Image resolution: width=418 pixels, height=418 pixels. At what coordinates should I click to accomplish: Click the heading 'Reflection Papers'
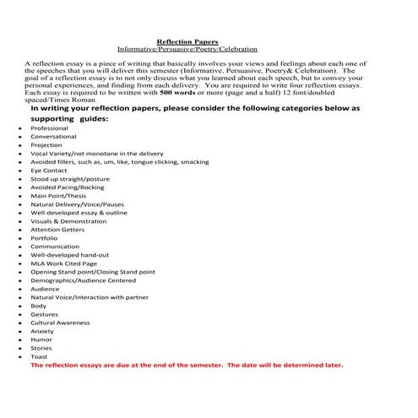(188, 41)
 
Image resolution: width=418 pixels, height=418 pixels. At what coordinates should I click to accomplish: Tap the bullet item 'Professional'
(49, 128)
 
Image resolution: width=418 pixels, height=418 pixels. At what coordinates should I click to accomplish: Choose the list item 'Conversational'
(53, 137)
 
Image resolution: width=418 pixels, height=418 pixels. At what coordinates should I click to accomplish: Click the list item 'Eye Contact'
(48, 171)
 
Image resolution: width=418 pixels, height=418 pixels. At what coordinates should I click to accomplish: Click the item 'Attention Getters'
(57, 230)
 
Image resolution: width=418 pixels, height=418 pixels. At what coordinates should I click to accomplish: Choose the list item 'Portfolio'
(45, 238)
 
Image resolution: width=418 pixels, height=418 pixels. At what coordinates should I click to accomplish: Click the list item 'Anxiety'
(42, 331)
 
